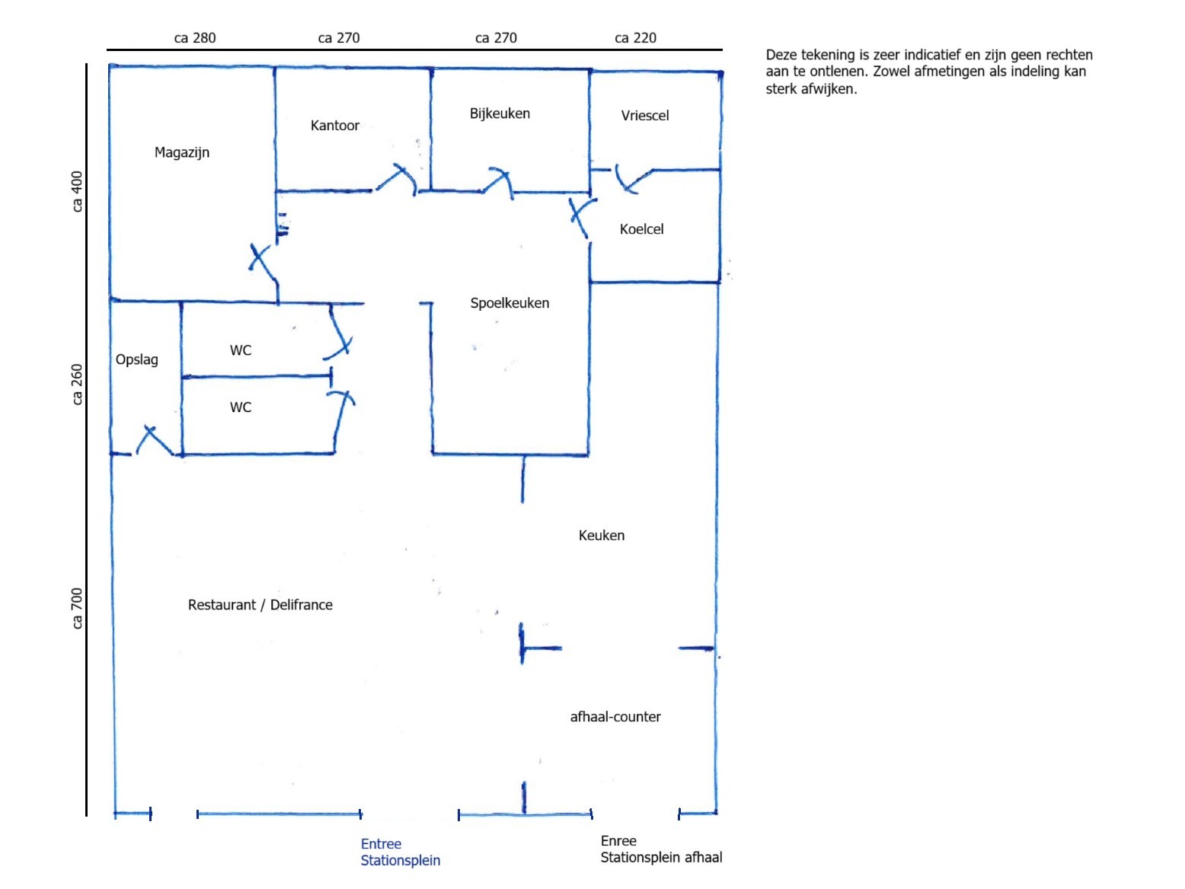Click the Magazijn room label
(181, 153)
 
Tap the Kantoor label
(335, 126)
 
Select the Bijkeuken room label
(500, 114)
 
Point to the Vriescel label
(644, 116)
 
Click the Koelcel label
(641, 229)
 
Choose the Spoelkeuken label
(509, 303)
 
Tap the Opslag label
(136, 360)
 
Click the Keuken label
(602, 535)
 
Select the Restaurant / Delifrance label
(260, 605)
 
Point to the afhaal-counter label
(615, 716)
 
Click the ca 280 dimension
(194, 38)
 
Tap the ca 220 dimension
(635, 38)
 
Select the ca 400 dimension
(77, 192)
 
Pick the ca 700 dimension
(77, 609)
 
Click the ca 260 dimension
(77, 384)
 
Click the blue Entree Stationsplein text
(400, 852)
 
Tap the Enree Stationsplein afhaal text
(661, 849)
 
